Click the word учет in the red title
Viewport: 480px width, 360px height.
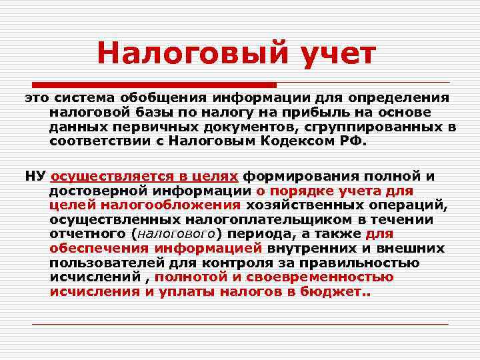pyautogui.click(x=334, y=53)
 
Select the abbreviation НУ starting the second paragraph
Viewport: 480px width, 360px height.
pyautogui.click(x=35, y=176)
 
